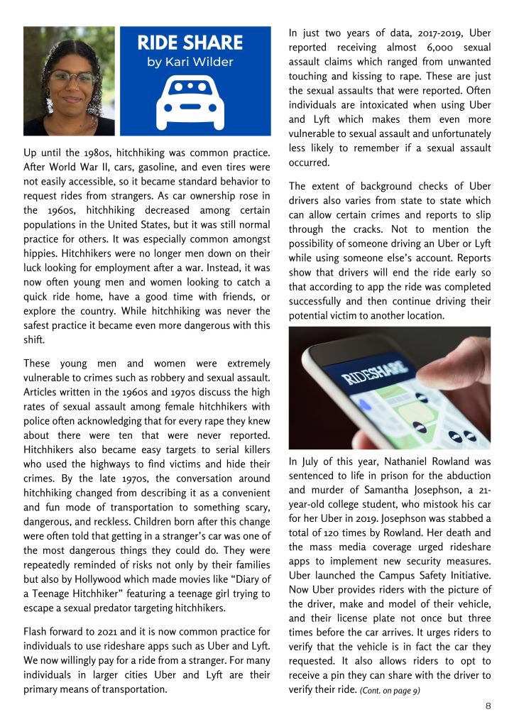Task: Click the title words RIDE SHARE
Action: [190, 43]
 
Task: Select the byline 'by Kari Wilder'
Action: [190, 62]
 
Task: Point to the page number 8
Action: [488, 706]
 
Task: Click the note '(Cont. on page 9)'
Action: [390, 690]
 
